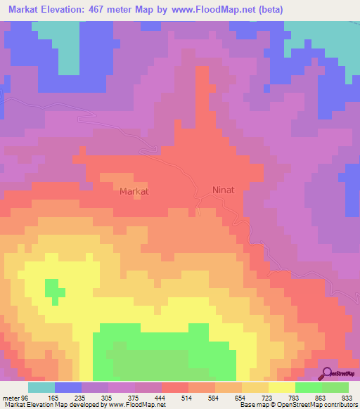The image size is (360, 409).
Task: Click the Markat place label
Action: [134, 190]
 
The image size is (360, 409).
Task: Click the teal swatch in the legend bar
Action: [41, 387]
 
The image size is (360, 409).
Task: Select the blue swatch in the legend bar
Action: [68, 387]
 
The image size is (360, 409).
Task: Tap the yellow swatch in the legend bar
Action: [282, 387]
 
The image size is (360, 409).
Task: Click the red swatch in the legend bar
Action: [175, 387]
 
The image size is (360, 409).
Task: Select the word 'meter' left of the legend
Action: [11, 396]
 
